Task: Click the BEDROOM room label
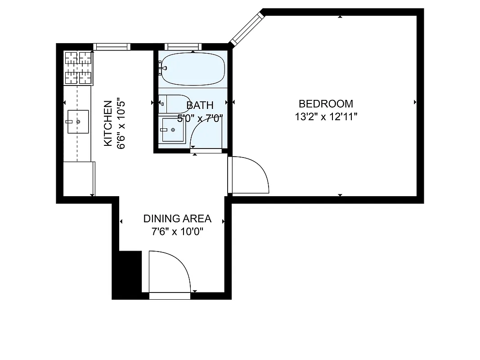click(326, 104)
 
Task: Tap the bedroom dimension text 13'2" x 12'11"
click(326, 117)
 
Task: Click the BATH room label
click(200, 106)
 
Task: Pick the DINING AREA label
click(177, 219)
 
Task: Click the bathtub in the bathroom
click(193, 69)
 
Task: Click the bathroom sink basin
click(173, 130)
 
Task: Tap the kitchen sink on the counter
click(78, 121)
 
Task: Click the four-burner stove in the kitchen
click(79, 68)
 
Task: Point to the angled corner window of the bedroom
click(246, 29)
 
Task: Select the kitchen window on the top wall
click(112, 46)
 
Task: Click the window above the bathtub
click(182, 46)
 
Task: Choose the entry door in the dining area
click(169, 272)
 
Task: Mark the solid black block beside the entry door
click(130, 274)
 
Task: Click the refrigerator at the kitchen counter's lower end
click(79, 178)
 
